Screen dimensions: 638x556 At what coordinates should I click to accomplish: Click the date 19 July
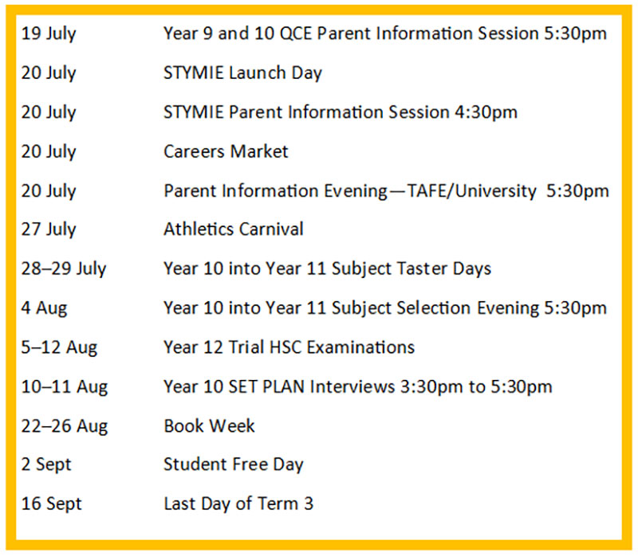49,33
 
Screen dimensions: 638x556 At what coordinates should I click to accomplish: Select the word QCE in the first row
296,33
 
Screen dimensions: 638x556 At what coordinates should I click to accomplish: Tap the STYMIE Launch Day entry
242,73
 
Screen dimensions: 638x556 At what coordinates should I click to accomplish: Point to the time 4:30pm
486,112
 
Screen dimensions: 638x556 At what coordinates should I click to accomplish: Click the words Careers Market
226,151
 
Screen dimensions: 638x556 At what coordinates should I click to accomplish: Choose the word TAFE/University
471,191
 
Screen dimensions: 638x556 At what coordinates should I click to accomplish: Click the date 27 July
49,229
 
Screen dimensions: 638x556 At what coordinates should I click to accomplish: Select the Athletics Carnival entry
234,229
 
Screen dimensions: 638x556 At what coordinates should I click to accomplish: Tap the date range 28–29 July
64,269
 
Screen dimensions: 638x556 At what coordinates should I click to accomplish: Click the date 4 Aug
44,308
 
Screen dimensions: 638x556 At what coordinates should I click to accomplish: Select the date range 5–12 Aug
59,348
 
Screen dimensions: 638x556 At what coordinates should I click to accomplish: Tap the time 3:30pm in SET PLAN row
431,387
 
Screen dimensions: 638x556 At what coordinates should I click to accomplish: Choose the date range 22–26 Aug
65,427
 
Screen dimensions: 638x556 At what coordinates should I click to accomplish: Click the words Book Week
209,426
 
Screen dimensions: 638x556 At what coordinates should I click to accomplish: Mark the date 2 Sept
46,465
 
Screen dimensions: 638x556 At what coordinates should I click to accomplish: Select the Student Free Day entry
234,465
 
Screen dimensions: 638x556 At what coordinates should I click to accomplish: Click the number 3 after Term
309,504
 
